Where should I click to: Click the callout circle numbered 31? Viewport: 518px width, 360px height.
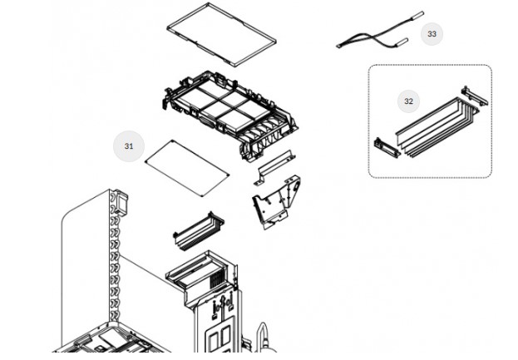pyautogui.click(x=129, y=146)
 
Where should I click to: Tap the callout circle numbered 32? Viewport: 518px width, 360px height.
pyautogui.click(x=408, y=101)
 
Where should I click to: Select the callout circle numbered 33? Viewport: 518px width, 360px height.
pyautogui.click(x=431, y=34)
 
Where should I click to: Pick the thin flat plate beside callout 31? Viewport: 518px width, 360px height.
pyautogui.click(x=186, y=167)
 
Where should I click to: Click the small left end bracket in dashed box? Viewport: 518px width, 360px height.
pyautogui.click(x=385, y=146)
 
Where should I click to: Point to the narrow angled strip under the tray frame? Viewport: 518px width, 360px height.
pyautogui.click(x=274, y=166)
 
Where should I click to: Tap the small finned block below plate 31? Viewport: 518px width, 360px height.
pyautogui.click(x=198, y=230)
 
